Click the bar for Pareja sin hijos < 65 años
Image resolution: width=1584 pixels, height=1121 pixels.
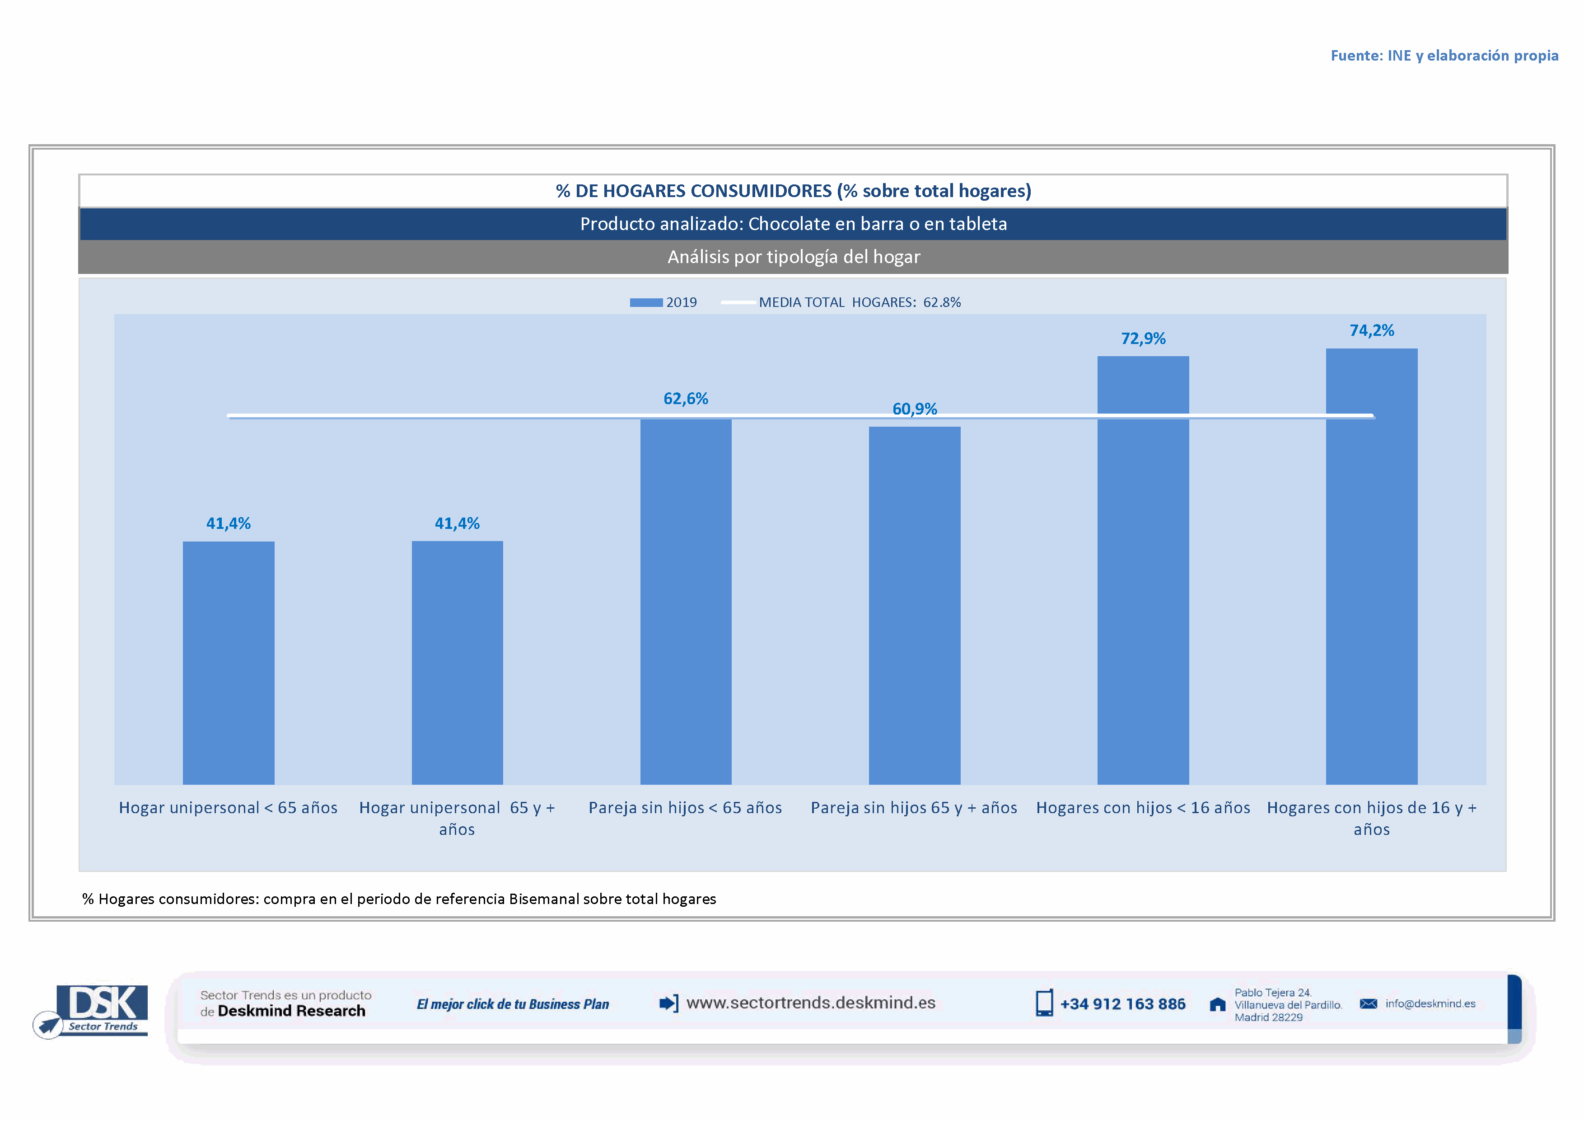(x=685, y=601)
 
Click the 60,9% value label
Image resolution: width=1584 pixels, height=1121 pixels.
(x=914, y=409)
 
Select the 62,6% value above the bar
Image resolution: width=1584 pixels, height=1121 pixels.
(x=685, y=398)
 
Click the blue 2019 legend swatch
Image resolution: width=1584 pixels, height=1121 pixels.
(x=646, y=302)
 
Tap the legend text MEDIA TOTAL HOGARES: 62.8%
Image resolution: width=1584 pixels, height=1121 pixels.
(x=859, y=302)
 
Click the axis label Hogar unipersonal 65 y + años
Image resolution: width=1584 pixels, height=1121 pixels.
(x=457, y=818)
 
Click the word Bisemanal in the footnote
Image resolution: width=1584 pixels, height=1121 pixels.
(x=544, y=899)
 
